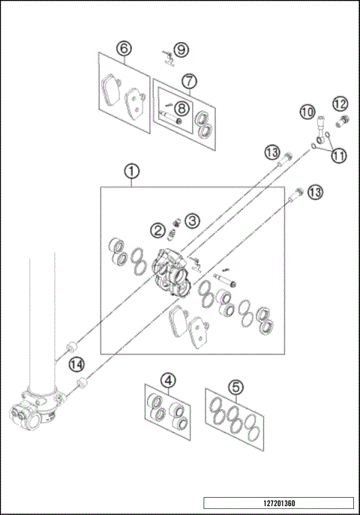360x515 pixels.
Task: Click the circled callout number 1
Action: click(131, 172)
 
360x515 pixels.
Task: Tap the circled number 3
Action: click(193, 220)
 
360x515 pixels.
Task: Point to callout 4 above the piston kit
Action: click(169, 381)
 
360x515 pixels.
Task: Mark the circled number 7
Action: click(188, 79)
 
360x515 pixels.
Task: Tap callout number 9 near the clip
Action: click(181, 49)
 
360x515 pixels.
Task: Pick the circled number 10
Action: click(306, 112)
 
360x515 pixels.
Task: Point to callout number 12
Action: click(340, 103)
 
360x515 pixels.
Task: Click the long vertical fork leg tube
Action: click(41, 322)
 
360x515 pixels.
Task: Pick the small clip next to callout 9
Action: click(167, 56)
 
